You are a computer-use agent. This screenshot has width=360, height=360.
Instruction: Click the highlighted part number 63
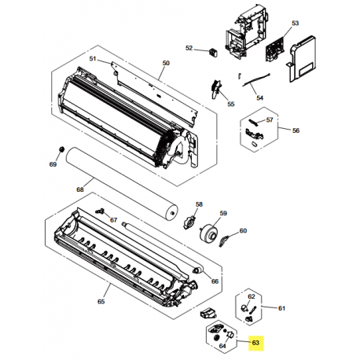(255, 343)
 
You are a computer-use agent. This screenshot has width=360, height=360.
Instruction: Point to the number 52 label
(189, 49)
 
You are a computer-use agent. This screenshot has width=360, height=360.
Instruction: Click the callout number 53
(296, 24)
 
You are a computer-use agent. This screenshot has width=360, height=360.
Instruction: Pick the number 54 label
(261, 99)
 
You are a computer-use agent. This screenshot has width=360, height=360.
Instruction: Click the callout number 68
(79, 189)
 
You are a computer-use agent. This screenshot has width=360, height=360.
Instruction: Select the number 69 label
(53, 164)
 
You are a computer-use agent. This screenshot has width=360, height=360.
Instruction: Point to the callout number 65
(101, 301)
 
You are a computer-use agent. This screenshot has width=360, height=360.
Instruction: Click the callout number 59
(223, 214)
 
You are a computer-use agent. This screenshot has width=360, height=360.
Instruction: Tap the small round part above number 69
(61, 149)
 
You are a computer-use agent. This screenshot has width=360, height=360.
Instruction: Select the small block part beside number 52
(211, 51)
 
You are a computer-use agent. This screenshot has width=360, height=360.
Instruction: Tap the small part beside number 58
(188, 223)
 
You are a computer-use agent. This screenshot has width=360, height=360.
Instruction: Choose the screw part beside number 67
(101, 211)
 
